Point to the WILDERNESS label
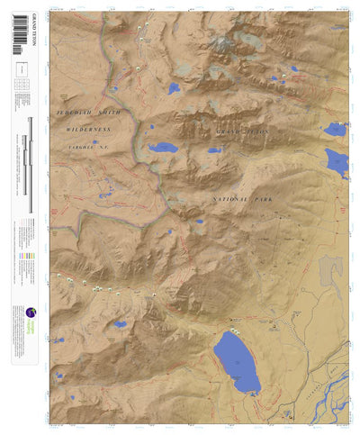tap(89, 130)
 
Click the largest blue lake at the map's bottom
tap(237, 361)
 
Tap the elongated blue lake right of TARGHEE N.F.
tap(163, 148)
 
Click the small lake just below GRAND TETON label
tap(213, 150)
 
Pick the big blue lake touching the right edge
tap(337, 162)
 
